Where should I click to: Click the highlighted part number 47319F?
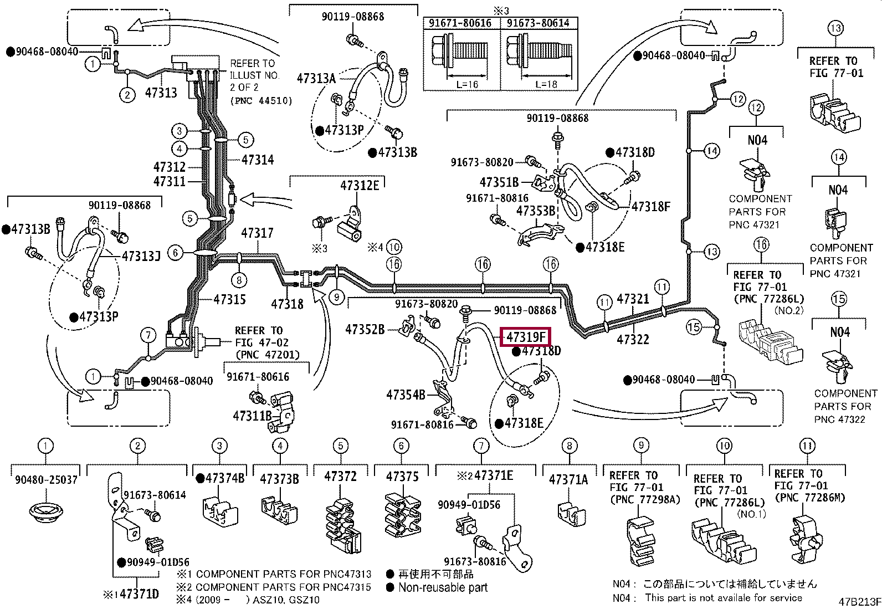click(x=525, y=337)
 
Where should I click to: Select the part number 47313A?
click(x=316, y=79)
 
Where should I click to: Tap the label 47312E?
click(x=360, y=186)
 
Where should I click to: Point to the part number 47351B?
click(x=499, y=182)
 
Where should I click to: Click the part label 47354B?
click(x=406, y=395)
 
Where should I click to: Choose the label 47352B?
click(x=365, y=329)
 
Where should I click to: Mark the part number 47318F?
click(x=650, y=206)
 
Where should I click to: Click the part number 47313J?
click(x=141, y=257)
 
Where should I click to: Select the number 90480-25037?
click(x=46, y=480)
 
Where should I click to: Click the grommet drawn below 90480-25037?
click(x=46, y=511)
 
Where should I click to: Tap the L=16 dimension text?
click(x=467, y=84)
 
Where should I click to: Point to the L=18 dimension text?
click(x=546, y=84)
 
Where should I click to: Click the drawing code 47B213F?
click(x=859, y=602)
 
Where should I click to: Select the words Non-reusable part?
click(x=443, y=587)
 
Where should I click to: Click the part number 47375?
click(x=402, y=477)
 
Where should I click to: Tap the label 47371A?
click(x=568, y=479)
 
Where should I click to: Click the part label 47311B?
click(x=253, y=416)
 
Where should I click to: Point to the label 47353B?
click(x=536, y=211)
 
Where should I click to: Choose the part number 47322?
click(x=633, y=339)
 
